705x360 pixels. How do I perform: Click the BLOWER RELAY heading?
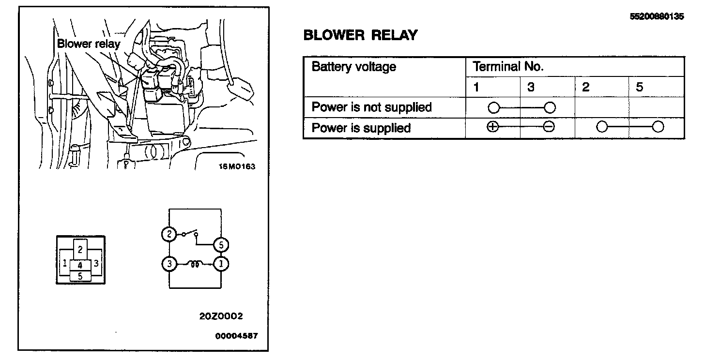click(x=360, y=35)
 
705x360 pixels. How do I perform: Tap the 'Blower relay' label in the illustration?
click(x=89, y=44)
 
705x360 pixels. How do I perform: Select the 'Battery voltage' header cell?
click(x=353, y=67)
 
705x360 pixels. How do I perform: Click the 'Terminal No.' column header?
click(x=508, y=67)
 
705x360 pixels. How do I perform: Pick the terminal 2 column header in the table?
click(x=586, y=87)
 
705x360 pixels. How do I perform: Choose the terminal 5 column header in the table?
click(x=640, y=87)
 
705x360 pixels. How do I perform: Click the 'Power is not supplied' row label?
click(x=371, y=107)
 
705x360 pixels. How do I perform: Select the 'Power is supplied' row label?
click(x=361, y=128)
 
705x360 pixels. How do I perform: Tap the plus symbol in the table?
click(x=492, y=127)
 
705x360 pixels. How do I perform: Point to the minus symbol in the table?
click(x=549, y=127)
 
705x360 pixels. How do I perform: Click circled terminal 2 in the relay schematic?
click(x=169, y=234)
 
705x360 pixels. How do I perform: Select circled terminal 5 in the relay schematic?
click(x=221, y=245)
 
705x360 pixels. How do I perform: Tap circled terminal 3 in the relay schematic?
click(x=169, y=264)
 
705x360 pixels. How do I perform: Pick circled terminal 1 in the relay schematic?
click(x=221, y=264)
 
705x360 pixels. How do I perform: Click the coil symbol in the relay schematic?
click(x=196, y=264)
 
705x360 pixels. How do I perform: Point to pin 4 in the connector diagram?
click(x=80, y=265)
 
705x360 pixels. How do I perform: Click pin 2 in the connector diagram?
click(x=80, y=250)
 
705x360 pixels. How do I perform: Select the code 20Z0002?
click(x=221, y=316)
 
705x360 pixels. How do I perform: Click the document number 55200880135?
click(x=657, y=16)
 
